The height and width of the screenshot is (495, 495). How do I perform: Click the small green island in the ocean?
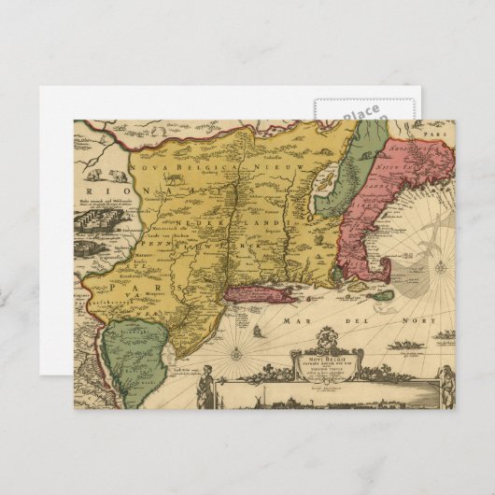point(382,295)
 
